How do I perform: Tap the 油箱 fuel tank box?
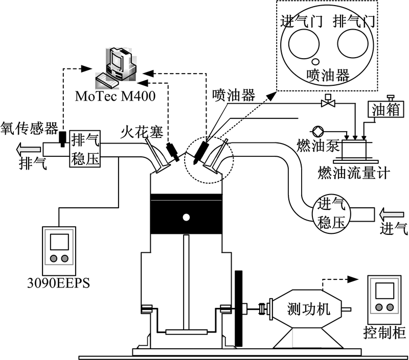pos(386,109)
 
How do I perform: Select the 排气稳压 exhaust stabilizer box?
pos(85,149)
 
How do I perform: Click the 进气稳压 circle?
pos(331,214)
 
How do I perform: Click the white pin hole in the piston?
pos(186,217)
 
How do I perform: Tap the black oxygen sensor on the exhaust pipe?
pos(62,139)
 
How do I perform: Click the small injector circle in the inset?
pos(315,61)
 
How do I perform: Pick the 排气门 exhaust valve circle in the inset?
pos(353,44)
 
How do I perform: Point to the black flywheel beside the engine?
pos(238,308)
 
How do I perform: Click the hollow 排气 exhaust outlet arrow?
pos(29,149)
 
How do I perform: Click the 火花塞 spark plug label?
pos(142,132)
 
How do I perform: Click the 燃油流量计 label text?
pos(354,173)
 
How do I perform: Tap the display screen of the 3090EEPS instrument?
pos(59,242)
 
